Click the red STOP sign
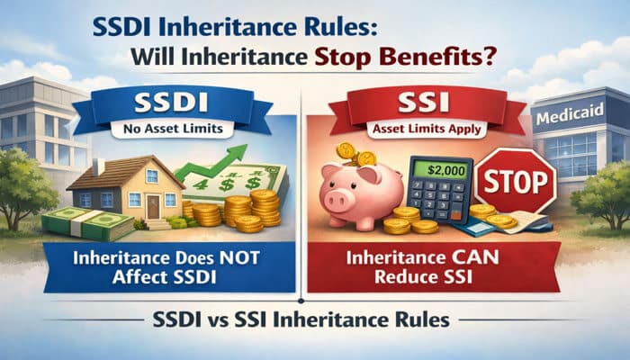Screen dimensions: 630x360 point(516,181)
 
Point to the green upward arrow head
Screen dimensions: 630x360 point(238,153)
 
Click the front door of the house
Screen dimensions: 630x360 point(153,207)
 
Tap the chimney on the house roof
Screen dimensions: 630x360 point(98,166)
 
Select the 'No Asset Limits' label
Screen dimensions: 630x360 point(173,129)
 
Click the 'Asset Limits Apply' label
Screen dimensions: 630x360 point(427,130)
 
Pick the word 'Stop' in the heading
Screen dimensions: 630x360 point(345,57)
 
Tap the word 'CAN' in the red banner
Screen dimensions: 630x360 point(479,257)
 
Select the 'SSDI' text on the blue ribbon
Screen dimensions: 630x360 point(171,103)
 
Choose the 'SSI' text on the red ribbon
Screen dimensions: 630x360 point(424,103)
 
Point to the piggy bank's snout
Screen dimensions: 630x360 point(336,200)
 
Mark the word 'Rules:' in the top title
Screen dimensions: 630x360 point(346,28)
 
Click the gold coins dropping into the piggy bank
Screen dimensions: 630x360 point(355,154)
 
